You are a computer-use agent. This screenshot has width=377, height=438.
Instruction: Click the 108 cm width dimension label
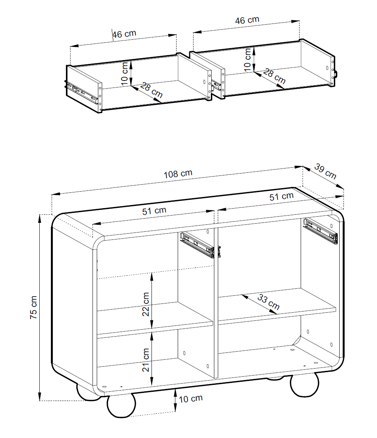[178, 174]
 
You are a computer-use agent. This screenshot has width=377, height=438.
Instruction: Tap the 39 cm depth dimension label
[325, 171]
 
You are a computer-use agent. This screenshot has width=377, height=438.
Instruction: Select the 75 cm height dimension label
[33, 307]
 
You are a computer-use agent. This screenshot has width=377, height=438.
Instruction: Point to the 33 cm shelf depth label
[268, 302]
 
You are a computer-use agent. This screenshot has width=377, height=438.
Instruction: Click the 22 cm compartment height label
[146, 304]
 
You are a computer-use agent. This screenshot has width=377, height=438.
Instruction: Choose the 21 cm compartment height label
[146, 360]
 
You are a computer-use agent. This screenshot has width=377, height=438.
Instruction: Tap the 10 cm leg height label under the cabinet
[190, 399]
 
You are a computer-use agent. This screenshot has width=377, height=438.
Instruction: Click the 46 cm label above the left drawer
[124, 34]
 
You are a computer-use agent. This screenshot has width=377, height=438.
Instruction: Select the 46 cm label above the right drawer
[247, 20]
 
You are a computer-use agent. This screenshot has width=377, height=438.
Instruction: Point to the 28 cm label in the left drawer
[151, 90]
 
